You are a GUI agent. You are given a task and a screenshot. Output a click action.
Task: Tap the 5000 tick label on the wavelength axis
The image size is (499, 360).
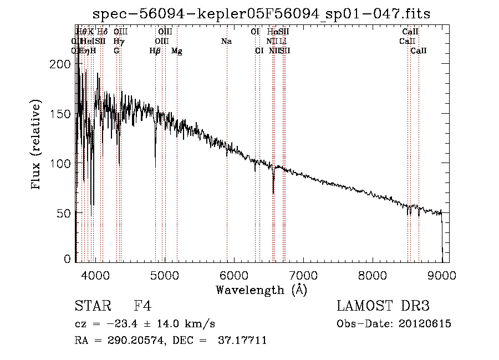pyautogui.click(x=165, y=275)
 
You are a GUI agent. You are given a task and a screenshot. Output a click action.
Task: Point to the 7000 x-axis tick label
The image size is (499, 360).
pyautogui.click(x=303, y=275)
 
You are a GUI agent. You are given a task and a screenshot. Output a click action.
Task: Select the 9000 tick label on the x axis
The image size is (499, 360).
pyautogui.click(x=442, y=275)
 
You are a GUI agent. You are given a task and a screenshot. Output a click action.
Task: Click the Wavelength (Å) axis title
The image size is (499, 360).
pyautogui.click(x=261, y=290)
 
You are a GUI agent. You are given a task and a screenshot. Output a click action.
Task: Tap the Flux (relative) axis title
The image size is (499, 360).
pyautogui.click(x=37, y=145)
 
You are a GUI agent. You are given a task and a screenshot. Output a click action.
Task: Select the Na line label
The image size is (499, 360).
pyautogui.click(x=226, y=41)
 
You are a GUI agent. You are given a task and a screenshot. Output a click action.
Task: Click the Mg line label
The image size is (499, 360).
pyautogui.click(x=176, y=51)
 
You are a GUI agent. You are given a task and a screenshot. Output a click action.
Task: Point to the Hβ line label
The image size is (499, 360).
pyautogui.click(x=155, y=51)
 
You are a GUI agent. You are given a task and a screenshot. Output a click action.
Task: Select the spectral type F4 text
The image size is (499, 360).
pyautogui.click(x=142, y=307)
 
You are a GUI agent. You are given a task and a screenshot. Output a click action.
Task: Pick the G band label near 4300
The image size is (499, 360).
pyautogui.click(x=116, y=51)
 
